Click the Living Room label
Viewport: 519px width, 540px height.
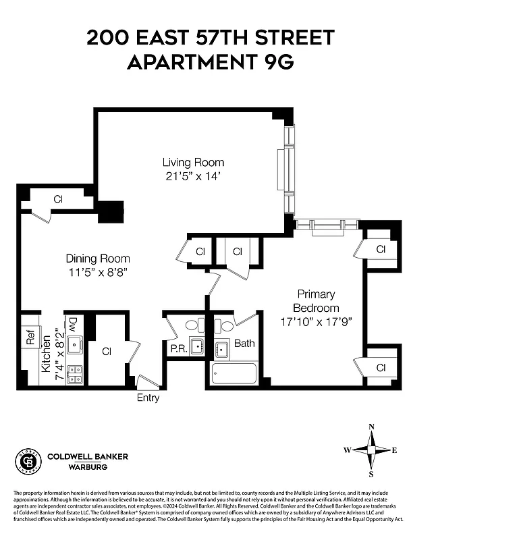[193, 163]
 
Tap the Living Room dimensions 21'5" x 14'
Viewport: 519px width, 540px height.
[193, 176]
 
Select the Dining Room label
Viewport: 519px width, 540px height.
[98, 259]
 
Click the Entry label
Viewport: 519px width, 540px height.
[148, 398]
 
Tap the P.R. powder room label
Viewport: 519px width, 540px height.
[178, 349]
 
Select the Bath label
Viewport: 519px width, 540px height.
[244, 344]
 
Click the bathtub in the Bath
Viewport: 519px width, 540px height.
[234, 373]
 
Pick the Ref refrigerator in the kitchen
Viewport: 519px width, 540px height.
[30, 337]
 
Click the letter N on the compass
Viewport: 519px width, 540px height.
[371, 427]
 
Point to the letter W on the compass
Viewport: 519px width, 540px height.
[347, 450]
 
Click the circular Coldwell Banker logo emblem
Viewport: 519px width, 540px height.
[28, 461]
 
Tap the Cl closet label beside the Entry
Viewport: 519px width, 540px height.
[107, 352]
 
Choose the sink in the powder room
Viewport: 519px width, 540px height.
[196, 347]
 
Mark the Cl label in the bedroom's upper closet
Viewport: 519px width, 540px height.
[381, 249]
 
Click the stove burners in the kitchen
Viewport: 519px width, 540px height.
[74, 374]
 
